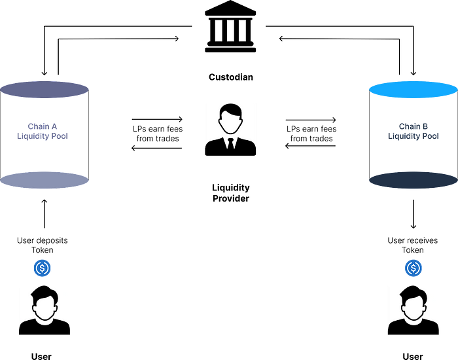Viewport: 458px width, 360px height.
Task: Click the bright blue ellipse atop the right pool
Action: click(x=412, y=90)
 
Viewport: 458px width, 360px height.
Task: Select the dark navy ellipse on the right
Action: click(x=412, y=180)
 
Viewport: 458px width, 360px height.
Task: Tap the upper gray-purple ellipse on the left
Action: click(x=44, y=90)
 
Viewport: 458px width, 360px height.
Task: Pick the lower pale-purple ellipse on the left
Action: click(x=44, y=180)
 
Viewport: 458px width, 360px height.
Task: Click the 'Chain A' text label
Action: click(x=43, y=126)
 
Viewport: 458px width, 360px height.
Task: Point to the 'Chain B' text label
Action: click(x=414, y=126)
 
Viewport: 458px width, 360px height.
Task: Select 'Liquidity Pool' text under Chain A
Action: click(x=43, y=136)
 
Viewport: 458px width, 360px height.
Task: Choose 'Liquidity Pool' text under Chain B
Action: click(x=414, y=136)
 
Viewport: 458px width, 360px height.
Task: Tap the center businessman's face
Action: click(x=230, y=122)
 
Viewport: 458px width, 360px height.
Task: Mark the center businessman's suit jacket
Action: click(x=216, y=147)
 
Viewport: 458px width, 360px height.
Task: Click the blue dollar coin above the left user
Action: click(x=43, y=268)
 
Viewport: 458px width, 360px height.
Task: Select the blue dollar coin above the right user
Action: click(x=414, y=268)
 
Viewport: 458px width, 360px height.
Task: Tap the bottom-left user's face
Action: click(x=44, y=308)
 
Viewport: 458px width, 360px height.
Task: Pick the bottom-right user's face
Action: click(x=413, y=308)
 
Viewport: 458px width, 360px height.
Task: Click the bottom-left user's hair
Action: click(x=44, y=293)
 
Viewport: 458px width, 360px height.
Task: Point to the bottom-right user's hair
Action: click(x=413, y=293)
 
